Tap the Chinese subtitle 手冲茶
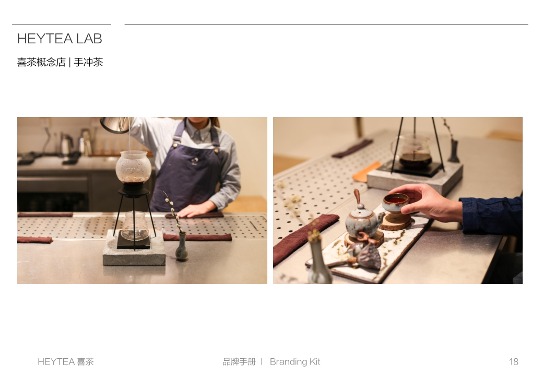[88, 62]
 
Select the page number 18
[513, 361]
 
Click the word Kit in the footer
[314, 361]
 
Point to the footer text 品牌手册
[239, 361]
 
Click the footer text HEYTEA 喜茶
[66, 361]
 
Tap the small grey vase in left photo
[181, 248]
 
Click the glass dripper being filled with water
[134, 167]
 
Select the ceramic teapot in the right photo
[362, 220]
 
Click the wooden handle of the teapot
[358, 198]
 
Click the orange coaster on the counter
[367, 171]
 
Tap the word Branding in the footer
[288, 361]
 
